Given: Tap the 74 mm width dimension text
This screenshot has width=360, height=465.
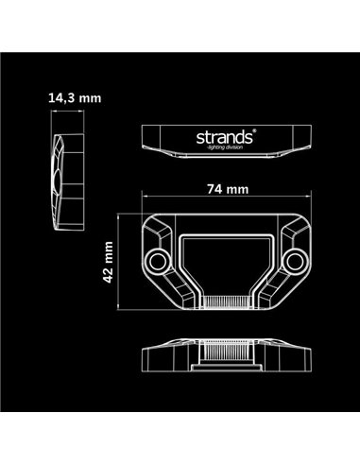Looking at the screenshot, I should click(229, 188).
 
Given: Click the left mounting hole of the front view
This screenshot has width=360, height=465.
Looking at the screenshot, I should click(158, 258).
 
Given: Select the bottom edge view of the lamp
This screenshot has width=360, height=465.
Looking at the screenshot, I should click(228, 353).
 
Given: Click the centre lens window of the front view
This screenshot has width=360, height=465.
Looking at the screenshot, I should click(228, 260).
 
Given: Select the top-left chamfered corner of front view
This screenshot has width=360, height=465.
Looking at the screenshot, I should click(153, 227).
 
